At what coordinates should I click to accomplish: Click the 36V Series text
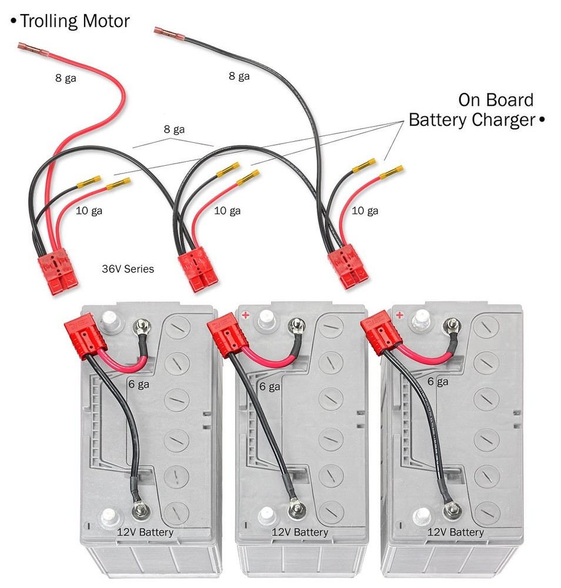point(128,269)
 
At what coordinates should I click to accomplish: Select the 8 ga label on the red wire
point(65,77)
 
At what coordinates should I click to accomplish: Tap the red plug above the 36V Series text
point(58,274)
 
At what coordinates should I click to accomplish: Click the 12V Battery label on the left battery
point(144,533)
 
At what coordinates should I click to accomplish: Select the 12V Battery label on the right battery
point(455,532)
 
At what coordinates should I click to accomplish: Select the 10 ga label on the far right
point(364,211)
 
